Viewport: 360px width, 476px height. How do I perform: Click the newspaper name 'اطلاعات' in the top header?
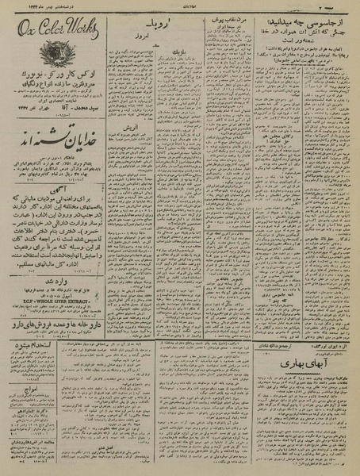[x=181, y=4]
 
